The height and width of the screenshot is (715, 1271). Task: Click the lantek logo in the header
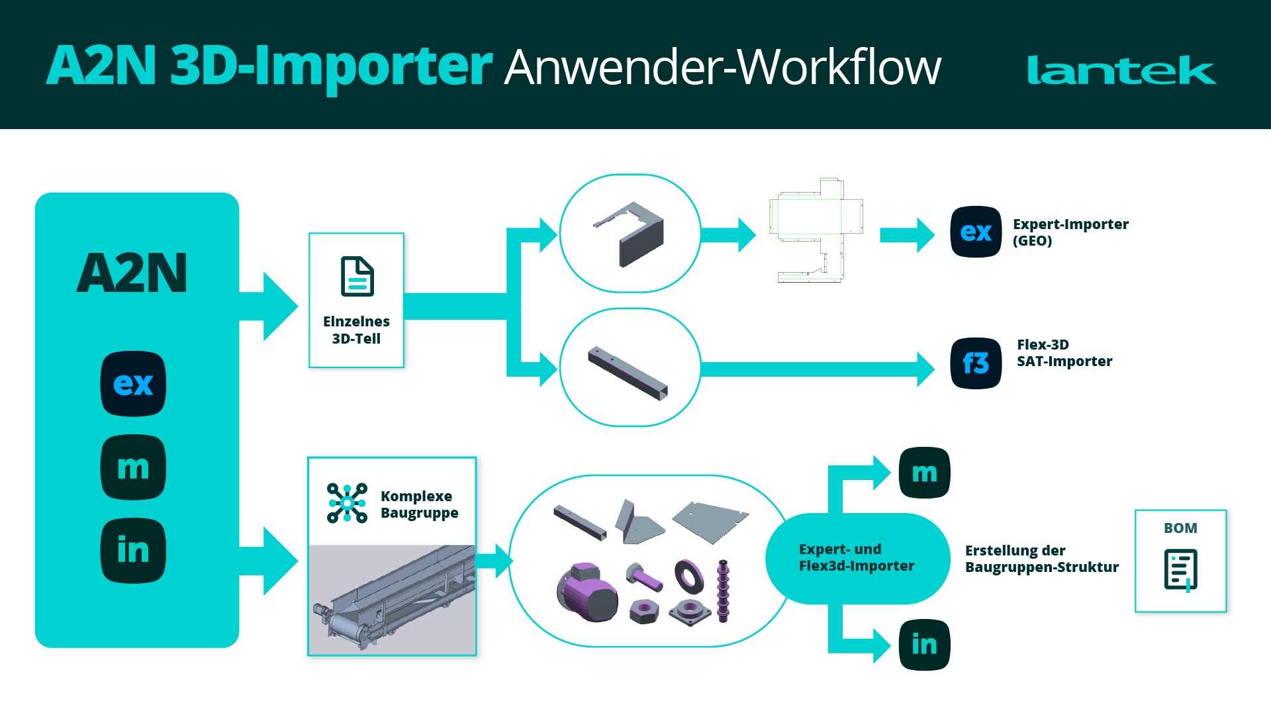(1121, 70)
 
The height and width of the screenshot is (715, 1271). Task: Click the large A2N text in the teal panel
(132, 273)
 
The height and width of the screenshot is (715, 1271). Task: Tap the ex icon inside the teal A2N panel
(133, 384)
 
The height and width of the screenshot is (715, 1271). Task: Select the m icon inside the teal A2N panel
(133, 467)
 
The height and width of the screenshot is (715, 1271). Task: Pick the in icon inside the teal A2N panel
(133, 551)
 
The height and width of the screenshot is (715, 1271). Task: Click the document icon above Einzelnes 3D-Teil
(357, 277)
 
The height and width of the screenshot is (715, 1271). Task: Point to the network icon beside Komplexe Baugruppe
(347, 503)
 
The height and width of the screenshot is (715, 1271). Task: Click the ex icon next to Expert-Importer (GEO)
(976, 232)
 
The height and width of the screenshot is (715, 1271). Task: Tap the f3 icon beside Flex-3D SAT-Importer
(976, 363)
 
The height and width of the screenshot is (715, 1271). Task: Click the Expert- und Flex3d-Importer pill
(857, 558)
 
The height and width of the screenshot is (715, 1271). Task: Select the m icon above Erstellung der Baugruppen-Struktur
(924, 473)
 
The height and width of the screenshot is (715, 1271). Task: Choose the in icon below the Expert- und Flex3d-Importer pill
(924, 645)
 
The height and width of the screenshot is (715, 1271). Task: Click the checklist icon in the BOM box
(1180, 569)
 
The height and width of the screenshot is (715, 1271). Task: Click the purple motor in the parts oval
(587, 593)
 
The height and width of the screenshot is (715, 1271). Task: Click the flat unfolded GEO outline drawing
(817, 230)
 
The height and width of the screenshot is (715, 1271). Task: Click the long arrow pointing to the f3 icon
(814, 369)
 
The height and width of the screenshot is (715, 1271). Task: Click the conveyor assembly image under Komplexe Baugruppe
(392, 599)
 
